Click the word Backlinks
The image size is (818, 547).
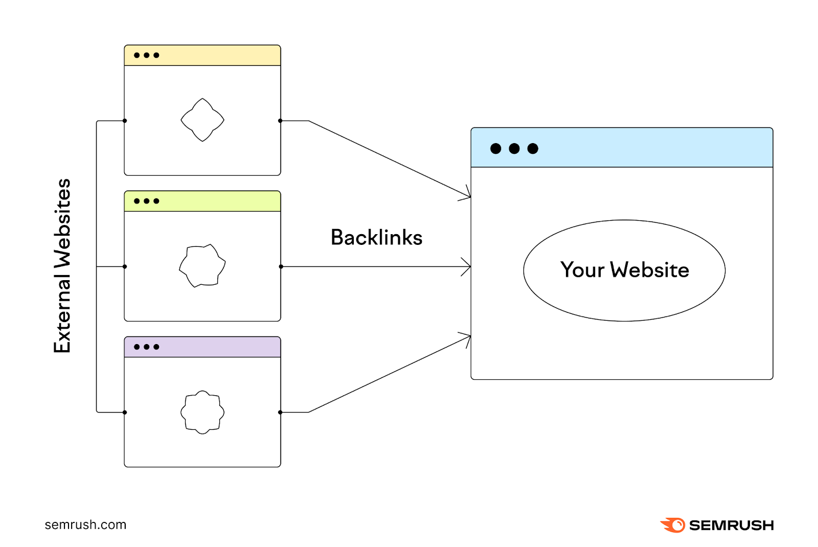click(376, 238)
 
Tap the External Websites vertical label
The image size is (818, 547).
click(62, 266)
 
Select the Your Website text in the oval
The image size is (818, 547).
click(624, 270)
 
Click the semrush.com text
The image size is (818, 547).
click(85, 525)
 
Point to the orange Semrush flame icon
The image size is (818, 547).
click(673, 525)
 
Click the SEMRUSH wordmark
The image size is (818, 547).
click(731, 526)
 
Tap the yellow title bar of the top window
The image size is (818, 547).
click(215, 55)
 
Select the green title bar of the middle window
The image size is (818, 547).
click(215, 201)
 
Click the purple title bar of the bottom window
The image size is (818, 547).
click(215, 347)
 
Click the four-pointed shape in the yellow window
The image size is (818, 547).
click(202, 120)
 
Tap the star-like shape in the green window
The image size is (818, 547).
click(202, 266)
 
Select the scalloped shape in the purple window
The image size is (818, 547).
click(202, 412)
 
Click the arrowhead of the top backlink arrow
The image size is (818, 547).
click(467, 195)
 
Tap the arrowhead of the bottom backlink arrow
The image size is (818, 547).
click(467, 337)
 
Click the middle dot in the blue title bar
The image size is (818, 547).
click(514, 149)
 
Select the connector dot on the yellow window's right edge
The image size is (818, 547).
click(280, 121)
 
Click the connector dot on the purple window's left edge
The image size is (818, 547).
click(125, 412)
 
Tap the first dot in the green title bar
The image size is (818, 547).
click(137, 201)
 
